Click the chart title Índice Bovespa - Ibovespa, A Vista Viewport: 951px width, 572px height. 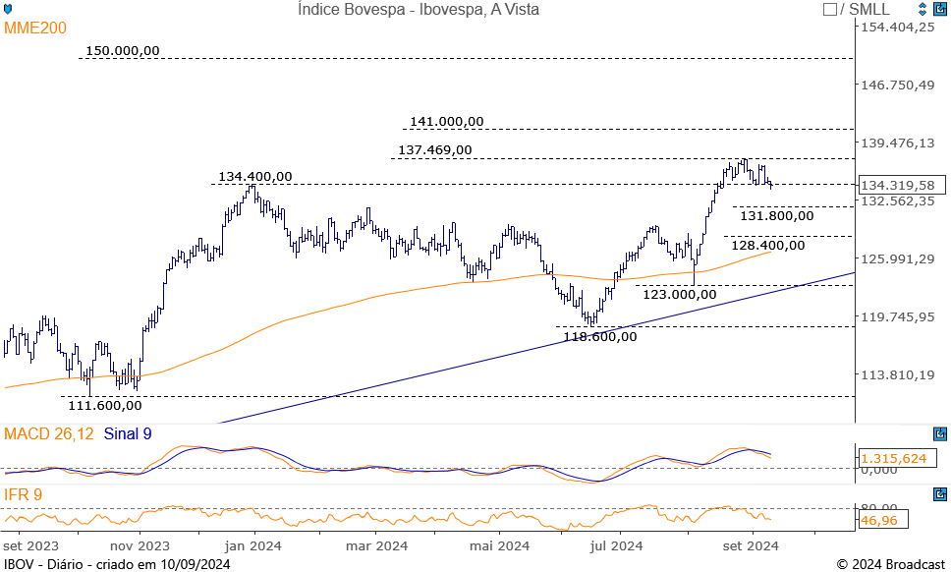(x=418, y=9)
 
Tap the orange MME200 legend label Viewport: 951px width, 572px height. (x=35, y=29)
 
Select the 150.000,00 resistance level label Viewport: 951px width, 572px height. (x=122, y=50)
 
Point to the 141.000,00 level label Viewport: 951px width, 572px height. (x=446, y=121)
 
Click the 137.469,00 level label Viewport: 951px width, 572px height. (x=434, y=150)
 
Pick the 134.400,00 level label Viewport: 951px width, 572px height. (x=254, y=176)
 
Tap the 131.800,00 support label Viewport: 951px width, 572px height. (x=776, y=215)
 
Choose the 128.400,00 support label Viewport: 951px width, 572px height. (x=767, y=245)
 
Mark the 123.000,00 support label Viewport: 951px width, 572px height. (x=679, y=293)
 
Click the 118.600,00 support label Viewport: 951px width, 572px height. (x=599, y=336)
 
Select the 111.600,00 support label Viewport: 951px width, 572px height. (x=104, y=404)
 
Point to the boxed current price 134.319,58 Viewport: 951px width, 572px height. (x=896, y=185)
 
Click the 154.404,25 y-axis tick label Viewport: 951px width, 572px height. (x=898, y=27)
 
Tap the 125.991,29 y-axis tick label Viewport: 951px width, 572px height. (x=898, y=258)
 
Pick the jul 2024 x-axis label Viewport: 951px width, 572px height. (x=617, y=545)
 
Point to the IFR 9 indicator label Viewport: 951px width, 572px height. (x=24, y=494)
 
